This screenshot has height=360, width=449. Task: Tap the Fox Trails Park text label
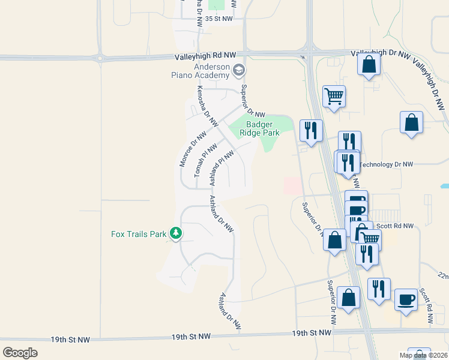pyautogui.click(x=139, y=234)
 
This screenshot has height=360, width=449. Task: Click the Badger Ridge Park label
pyautogui.click(x=259, y=128)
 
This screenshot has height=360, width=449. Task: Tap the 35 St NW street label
pyautogui.click(x=218, y=19)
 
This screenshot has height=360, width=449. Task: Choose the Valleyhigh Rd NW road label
pyautogui.click(x=205, y=55)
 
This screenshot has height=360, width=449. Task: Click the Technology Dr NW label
pyautogui.click(x=386, y=164)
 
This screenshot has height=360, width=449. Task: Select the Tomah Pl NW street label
pyautogui.click(x=205, y=160)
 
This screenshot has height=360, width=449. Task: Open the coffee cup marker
pyautogui.click(x=406, y=299)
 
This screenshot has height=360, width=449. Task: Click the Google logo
pyautogui.click(x=20, y=353)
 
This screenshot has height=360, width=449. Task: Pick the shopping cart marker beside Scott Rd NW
pyautogui.click(x=369, y=239)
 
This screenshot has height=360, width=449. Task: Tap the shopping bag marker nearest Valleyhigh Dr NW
pyautogui.click(x=369, y=64)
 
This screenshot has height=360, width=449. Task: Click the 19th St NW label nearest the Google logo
pyautogui.click(x=70, y=340)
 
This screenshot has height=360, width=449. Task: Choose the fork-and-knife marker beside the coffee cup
pyautogui.click(x=379, y=289)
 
